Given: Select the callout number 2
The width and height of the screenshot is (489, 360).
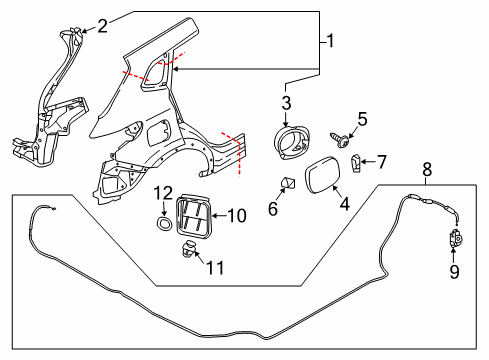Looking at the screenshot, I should point(102,26).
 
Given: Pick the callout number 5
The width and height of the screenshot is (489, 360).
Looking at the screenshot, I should point(363,120).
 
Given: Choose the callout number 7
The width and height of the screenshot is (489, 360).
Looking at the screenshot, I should point(380,161).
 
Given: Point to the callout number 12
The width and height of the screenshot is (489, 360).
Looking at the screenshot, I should point(163,192).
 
